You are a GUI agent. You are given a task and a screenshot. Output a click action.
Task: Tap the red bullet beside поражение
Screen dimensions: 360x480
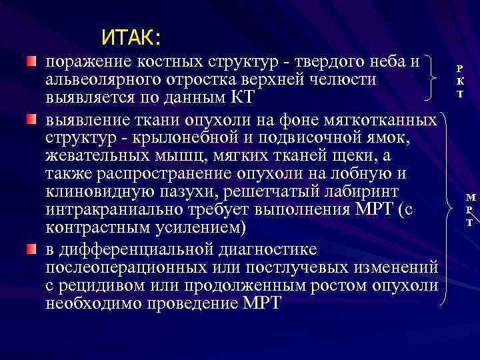31,62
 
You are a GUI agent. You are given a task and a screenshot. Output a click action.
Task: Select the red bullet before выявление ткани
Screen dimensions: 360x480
31,119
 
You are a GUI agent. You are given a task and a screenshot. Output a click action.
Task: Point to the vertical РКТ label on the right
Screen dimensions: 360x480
459,81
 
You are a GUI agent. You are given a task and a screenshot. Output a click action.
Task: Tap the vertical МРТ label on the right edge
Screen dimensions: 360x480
471,209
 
